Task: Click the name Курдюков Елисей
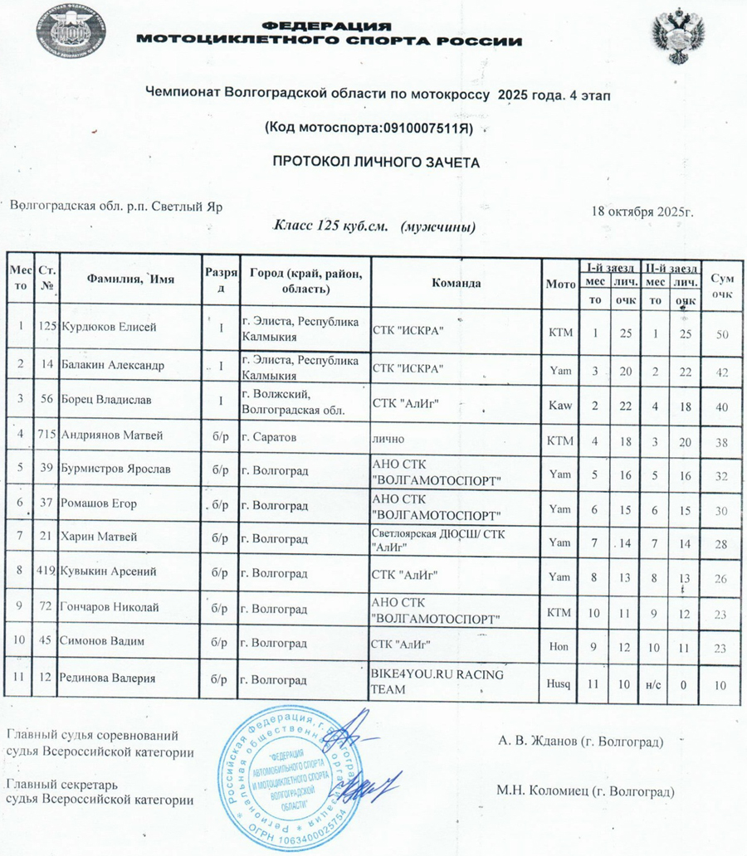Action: [108, 327]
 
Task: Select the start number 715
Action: [46, 434]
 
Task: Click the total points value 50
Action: [722, 333]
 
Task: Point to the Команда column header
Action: [456, 283]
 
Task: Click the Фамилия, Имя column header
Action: [130, 280]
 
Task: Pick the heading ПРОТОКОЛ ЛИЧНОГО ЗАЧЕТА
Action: [377, 163]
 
